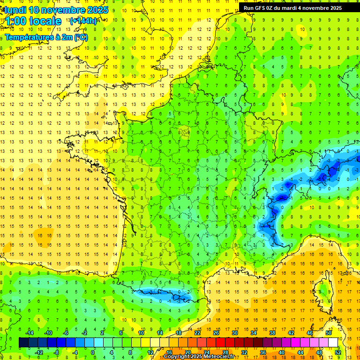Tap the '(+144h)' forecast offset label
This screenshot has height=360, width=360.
[83, 21]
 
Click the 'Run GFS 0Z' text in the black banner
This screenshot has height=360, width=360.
[260, 8]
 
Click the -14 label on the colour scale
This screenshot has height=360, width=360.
[29, 333]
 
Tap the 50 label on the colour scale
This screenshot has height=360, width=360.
[329, 333]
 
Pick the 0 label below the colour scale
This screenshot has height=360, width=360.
[93, 352]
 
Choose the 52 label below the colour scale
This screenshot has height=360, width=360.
[338, 352]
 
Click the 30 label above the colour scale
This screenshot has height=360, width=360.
[234, 333]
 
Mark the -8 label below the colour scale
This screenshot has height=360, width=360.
[56, 352]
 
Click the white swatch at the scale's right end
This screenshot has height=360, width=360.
[333, 343]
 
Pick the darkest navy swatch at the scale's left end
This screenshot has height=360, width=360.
[23, 343]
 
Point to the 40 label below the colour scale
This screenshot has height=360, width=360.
[282, 352]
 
